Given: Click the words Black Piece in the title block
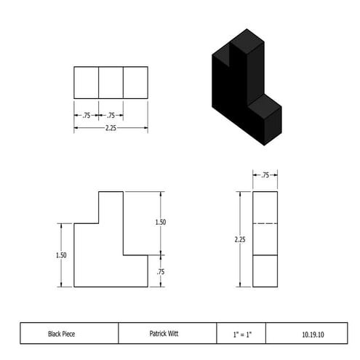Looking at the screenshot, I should coord(62,334).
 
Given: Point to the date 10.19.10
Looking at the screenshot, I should coord(313,334).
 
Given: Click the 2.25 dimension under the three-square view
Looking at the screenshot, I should coord(110,129).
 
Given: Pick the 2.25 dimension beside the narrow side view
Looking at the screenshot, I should coord(239,239).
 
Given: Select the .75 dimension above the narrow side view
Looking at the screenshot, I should coord(265,175).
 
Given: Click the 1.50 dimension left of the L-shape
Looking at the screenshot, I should coord(61,255).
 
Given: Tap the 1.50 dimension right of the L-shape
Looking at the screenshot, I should coord(161,223).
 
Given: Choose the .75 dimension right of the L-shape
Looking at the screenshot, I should coord(161,271).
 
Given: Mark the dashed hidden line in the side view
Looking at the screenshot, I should coord(265,223).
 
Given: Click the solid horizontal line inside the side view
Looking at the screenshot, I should coord(265,255).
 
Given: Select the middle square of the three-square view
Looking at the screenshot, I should coord(111,82).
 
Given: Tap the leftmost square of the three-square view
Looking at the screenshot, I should coord(86,82).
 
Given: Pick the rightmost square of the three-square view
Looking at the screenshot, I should coord(135,82).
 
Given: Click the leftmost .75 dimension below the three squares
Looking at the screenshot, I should coord(86,115).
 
